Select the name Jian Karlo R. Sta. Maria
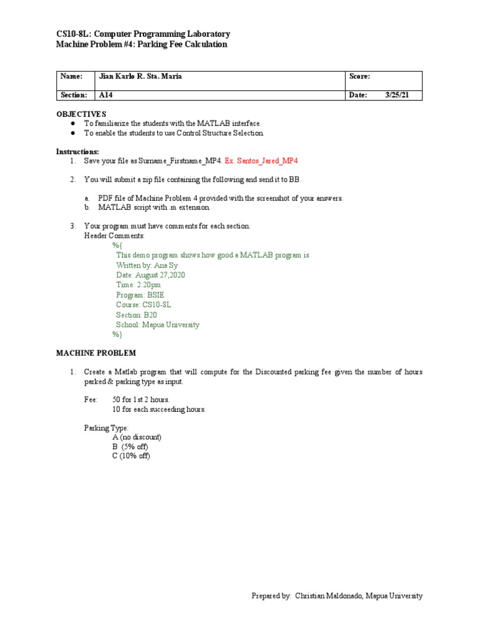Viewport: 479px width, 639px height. coord(141,76)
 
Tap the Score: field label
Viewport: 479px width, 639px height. coord(360,76)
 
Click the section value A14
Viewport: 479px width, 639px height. coord(105,95)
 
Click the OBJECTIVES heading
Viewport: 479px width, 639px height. coord(82,114)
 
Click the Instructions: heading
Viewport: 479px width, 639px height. coord(77,152)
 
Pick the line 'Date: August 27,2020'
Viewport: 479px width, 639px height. coord(150,275)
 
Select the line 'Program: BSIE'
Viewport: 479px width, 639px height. coord(140,295)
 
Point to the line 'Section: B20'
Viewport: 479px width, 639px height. coord(137,315)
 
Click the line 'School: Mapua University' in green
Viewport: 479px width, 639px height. coord(157,325)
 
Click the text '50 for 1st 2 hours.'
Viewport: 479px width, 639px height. coord(141,399)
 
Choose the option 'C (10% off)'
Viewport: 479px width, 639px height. coord(132,456)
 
